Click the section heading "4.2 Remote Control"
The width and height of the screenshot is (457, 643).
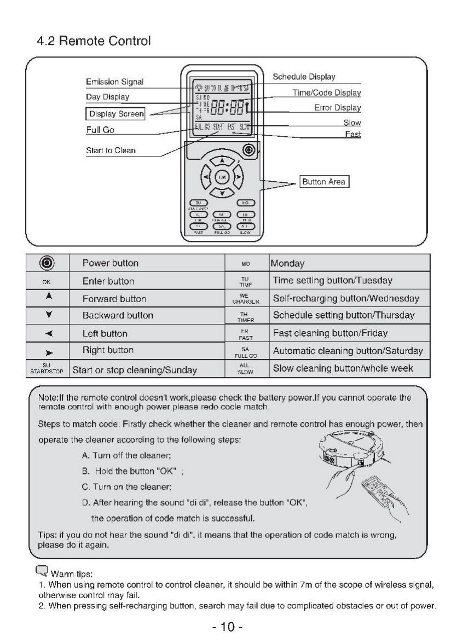pyautogui.click(x=93, y=41)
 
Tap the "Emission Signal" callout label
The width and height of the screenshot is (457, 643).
pyautogui.click(x=114, y=82)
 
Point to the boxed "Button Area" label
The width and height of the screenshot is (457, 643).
pyautogui.click(x=324, y=182)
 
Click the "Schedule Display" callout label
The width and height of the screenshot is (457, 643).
pyautogui.click(x=304, y=77)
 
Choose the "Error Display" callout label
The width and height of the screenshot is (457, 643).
pyautogui.click(x=337, y=108)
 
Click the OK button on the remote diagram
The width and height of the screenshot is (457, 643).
pyautogui.click(x=222, y=177)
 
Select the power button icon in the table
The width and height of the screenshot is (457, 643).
pyautogui.click(x=47, y=263)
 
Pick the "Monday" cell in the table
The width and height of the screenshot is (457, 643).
pyautogui.click(x=287, y=263)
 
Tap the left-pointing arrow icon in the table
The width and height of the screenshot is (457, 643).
pyautogui.click(x=47, y=333)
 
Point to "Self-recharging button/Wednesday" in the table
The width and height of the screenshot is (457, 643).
pyautogui.click(x=346, y=298)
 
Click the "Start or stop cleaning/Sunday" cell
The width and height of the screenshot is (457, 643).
pyautogui.click(x=135, y=370)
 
